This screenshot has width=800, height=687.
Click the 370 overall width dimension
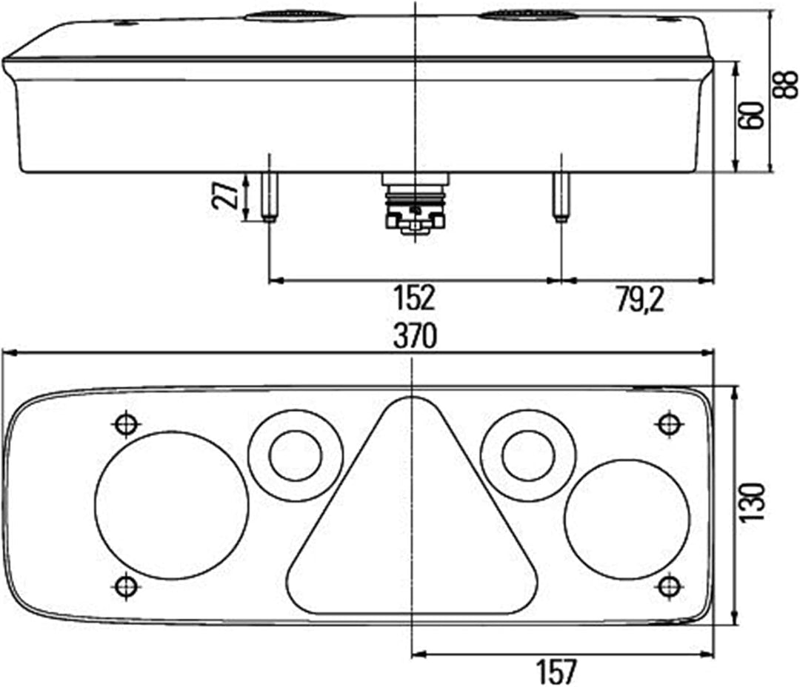415,337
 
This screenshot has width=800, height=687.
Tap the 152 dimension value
414,298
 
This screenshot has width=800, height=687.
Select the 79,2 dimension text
639,300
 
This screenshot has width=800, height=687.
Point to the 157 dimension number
556,671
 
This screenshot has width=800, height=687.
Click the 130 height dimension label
753,503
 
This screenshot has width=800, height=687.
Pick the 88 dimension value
784,84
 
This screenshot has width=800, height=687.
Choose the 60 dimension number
751,115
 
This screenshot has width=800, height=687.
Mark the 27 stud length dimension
225,195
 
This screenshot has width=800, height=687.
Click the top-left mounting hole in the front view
126,424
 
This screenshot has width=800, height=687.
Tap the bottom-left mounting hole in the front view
125,586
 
